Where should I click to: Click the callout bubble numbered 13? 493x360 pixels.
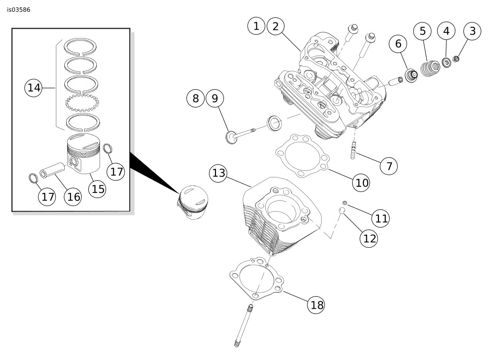(x=219, y=173)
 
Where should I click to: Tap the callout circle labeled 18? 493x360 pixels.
(x=317, y=305)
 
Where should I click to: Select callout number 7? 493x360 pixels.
(x=388, y=166)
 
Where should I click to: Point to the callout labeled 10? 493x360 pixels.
(x=362, y=182)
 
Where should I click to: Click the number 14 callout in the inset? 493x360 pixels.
(x=34, y=88)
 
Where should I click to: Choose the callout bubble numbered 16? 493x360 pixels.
(x=73, y=196)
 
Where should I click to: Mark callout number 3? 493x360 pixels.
(x=472, y=31)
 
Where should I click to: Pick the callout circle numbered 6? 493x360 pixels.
(x=398, y=44)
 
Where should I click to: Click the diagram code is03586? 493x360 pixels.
(x=19, y=9)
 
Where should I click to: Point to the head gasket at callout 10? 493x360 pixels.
(x=301, y=156)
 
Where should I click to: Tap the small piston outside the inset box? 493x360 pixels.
(x=193, y=202)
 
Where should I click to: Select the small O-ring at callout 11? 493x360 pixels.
(x=344, y=202)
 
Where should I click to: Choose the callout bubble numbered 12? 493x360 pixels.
(x=370, y=238)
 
